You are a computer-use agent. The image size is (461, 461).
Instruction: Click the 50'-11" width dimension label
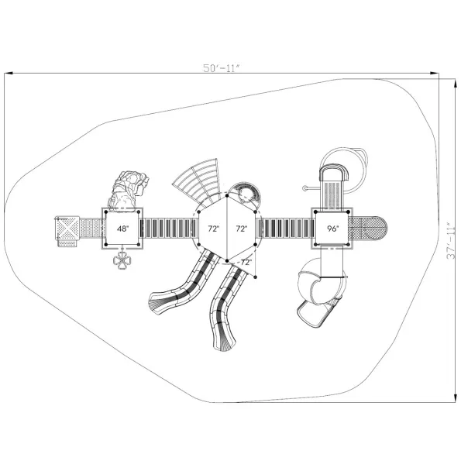coord(222,68)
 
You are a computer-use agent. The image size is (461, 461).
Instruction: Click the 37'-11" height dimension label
coord(450,240)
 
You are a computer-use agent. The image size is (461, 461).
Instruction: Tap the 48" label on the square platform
coord(122,229)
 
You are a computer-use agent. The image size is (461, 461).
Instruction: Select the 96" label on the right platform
coord(333,229)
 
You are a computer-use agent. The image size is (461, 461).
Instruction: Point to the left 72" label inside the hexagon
coord(214,229)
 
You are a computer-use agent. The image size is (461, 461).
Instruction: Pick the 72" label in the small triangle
coord(246,262)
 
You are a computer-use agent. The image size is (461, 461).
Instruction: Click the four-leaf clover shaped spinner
coord(122,260)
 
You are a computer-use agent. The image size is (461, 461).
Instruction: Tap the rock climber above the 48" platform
coord(128,191)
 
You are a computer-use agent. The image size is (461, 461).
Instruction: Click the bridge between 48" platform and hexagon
coord(168,229)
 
